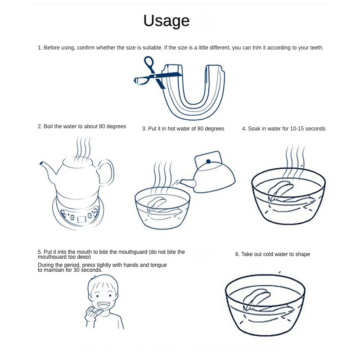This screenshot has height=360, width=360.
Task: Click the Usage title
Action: tap(166, 21)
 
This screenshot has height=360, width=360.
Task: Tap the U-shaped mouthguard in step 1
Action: tap(193, 92)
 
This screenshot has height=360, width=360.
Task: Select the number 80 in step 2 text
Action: tap(102, 126)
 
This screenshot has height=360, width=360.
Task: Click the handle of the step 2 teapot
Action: tap(107, 172)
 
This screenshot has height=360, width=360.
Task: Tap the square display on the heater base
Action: tap(81, 220)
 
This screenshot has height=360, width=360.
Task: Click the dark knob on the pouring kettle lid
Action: tap(208, 162)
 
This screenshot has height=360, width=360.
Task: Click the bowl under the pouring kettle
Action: tap(162, 208)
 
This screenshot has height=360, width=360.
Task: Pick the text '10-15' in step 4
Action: tap(297, 129)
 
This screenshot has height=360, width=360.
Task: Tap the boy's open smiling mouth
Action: tap(104, 306)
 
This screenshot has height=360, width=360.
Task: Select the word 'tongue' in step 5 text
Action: tap(158, 265)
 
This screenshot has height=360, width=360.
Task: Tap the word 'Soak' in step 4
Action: tap(253, 129)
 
